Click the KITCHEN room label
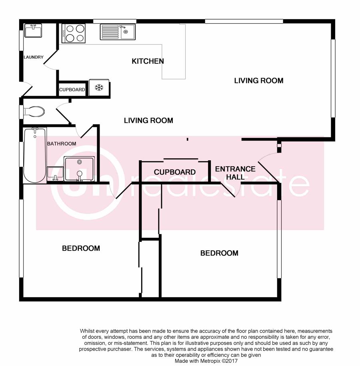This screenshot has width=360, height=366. click(x=148, y=61)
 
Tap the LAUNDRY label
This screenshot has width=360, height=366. click(x=34, y=57)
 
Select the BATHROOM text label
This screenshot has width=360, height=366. click(x=62, y=143)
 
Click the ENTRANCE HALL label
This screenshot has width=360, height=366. click(x=235, y=173)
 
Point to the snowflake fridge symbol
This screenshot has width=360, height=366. click(x=99, y=88)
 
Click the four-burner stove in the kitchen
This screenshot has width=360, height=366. click(x=74, y=33)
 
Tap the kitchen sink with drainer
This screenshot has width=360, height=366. click(x=118, y=32)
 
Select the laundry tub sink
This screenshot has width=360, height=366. click(x=33, y=30)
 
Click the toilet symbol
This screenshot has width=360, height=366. click(x=34, y=112)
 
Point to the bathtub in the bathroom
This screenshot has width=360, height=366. click(x=35, y=155)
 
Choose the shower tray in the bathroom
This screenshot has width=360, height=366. click(x=79, y=169)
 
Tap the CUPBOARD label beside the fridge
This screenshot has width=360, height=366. click(x=72, y=90)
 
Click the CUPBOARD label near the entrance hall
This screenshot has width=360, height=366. click(x=175, y=172)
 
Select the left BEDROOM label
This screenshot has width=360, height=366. click(x=81, y=248)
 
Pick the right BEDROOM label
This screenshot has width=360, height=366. click(x=219, y=253)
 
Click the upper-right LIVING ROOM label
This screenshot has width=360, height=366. click(x=259, y=80)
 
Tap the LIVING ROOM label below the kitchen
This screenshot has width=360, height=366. click(x=148, y=121)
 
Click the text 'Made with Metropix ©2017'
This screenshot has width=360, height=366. click(x=206, y=361)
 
